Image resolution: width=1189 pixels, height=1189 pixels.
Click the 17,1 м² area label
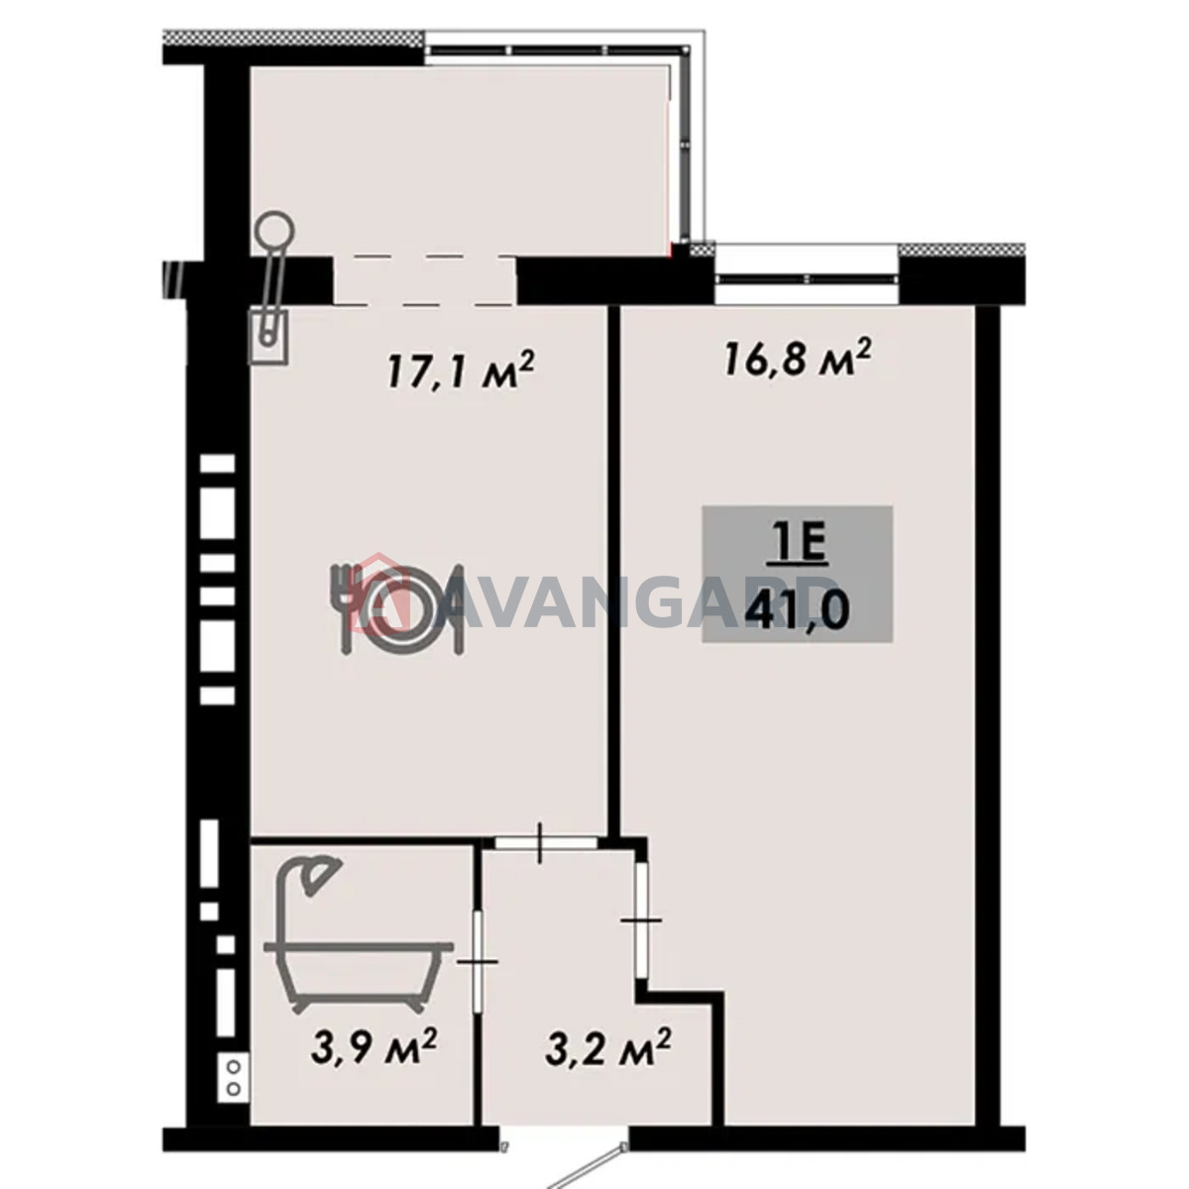pyautogui.click(x=459, y=370)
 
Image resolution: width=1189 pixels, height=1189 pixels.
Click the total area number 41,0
pyautogui.click(x=798, y=611)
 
